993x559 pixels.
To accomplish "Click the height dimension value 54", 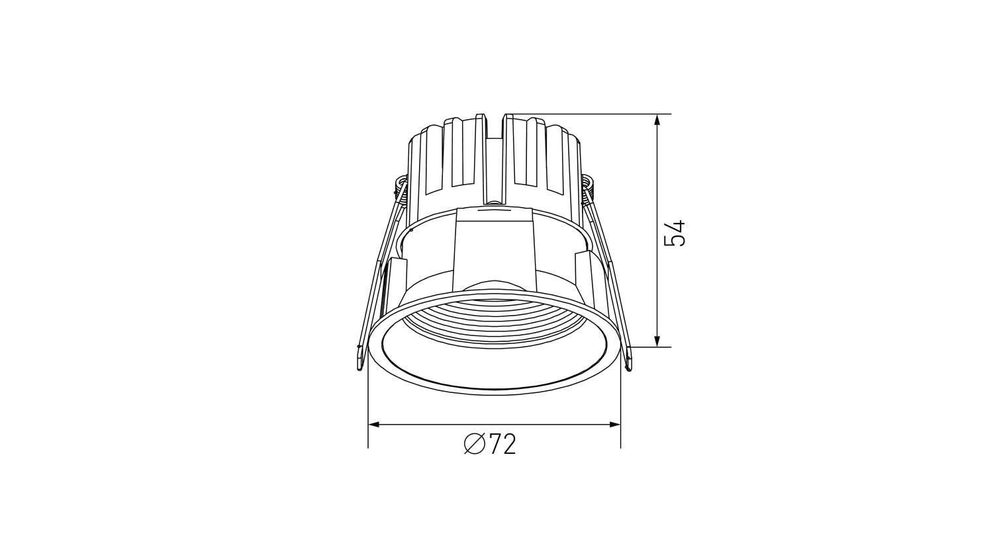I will [675, 233].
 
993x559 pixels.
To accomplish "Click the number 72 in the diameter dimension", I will [502, 445].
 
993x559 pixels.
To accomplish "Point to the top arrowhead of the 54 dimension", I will [657, 120].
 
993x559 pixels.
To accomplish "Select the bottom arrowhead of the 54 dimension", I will [657, 341].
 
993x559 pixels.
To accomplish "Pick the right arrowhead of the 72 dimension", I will [615, 425].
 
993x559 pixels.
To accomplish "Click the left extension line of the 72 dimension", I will [368, 410].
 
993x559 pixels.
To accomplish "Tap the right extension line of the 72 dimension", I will [620, 410].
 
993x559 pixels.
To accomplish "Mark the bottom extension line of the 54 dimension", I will [645, 347].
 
